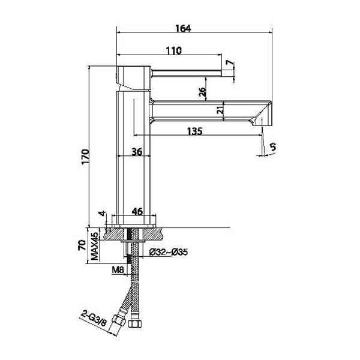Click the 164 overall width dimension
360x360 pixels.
click(x=183, y=28)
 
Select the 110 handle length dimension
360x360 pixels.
click(x=174, y=50)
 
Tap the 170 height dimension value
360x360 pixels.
click(x=85, y=157)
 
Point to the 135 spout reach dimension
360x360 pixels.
click(x=195, y=131)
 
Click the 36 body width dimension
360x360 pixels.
click(x=137, y=152)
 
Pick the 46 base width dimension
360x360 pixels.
click(x=137, y=211)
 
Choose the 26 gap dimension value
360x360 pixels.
click(x=202, y=91)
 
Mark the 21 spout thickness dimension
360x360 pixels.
click(x=220, y=110)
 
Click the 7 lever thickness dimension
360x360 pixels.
click(x=229, y=62)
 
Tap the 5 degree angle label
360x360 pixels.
click(x=273, y=146)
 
